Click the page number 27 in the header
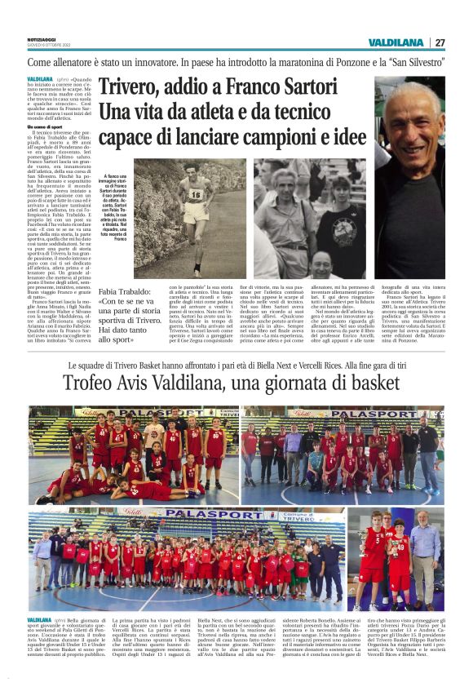point(440,42)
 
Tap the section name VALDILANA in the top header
point(396,42)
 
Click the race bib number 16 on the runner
point(196,194)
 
